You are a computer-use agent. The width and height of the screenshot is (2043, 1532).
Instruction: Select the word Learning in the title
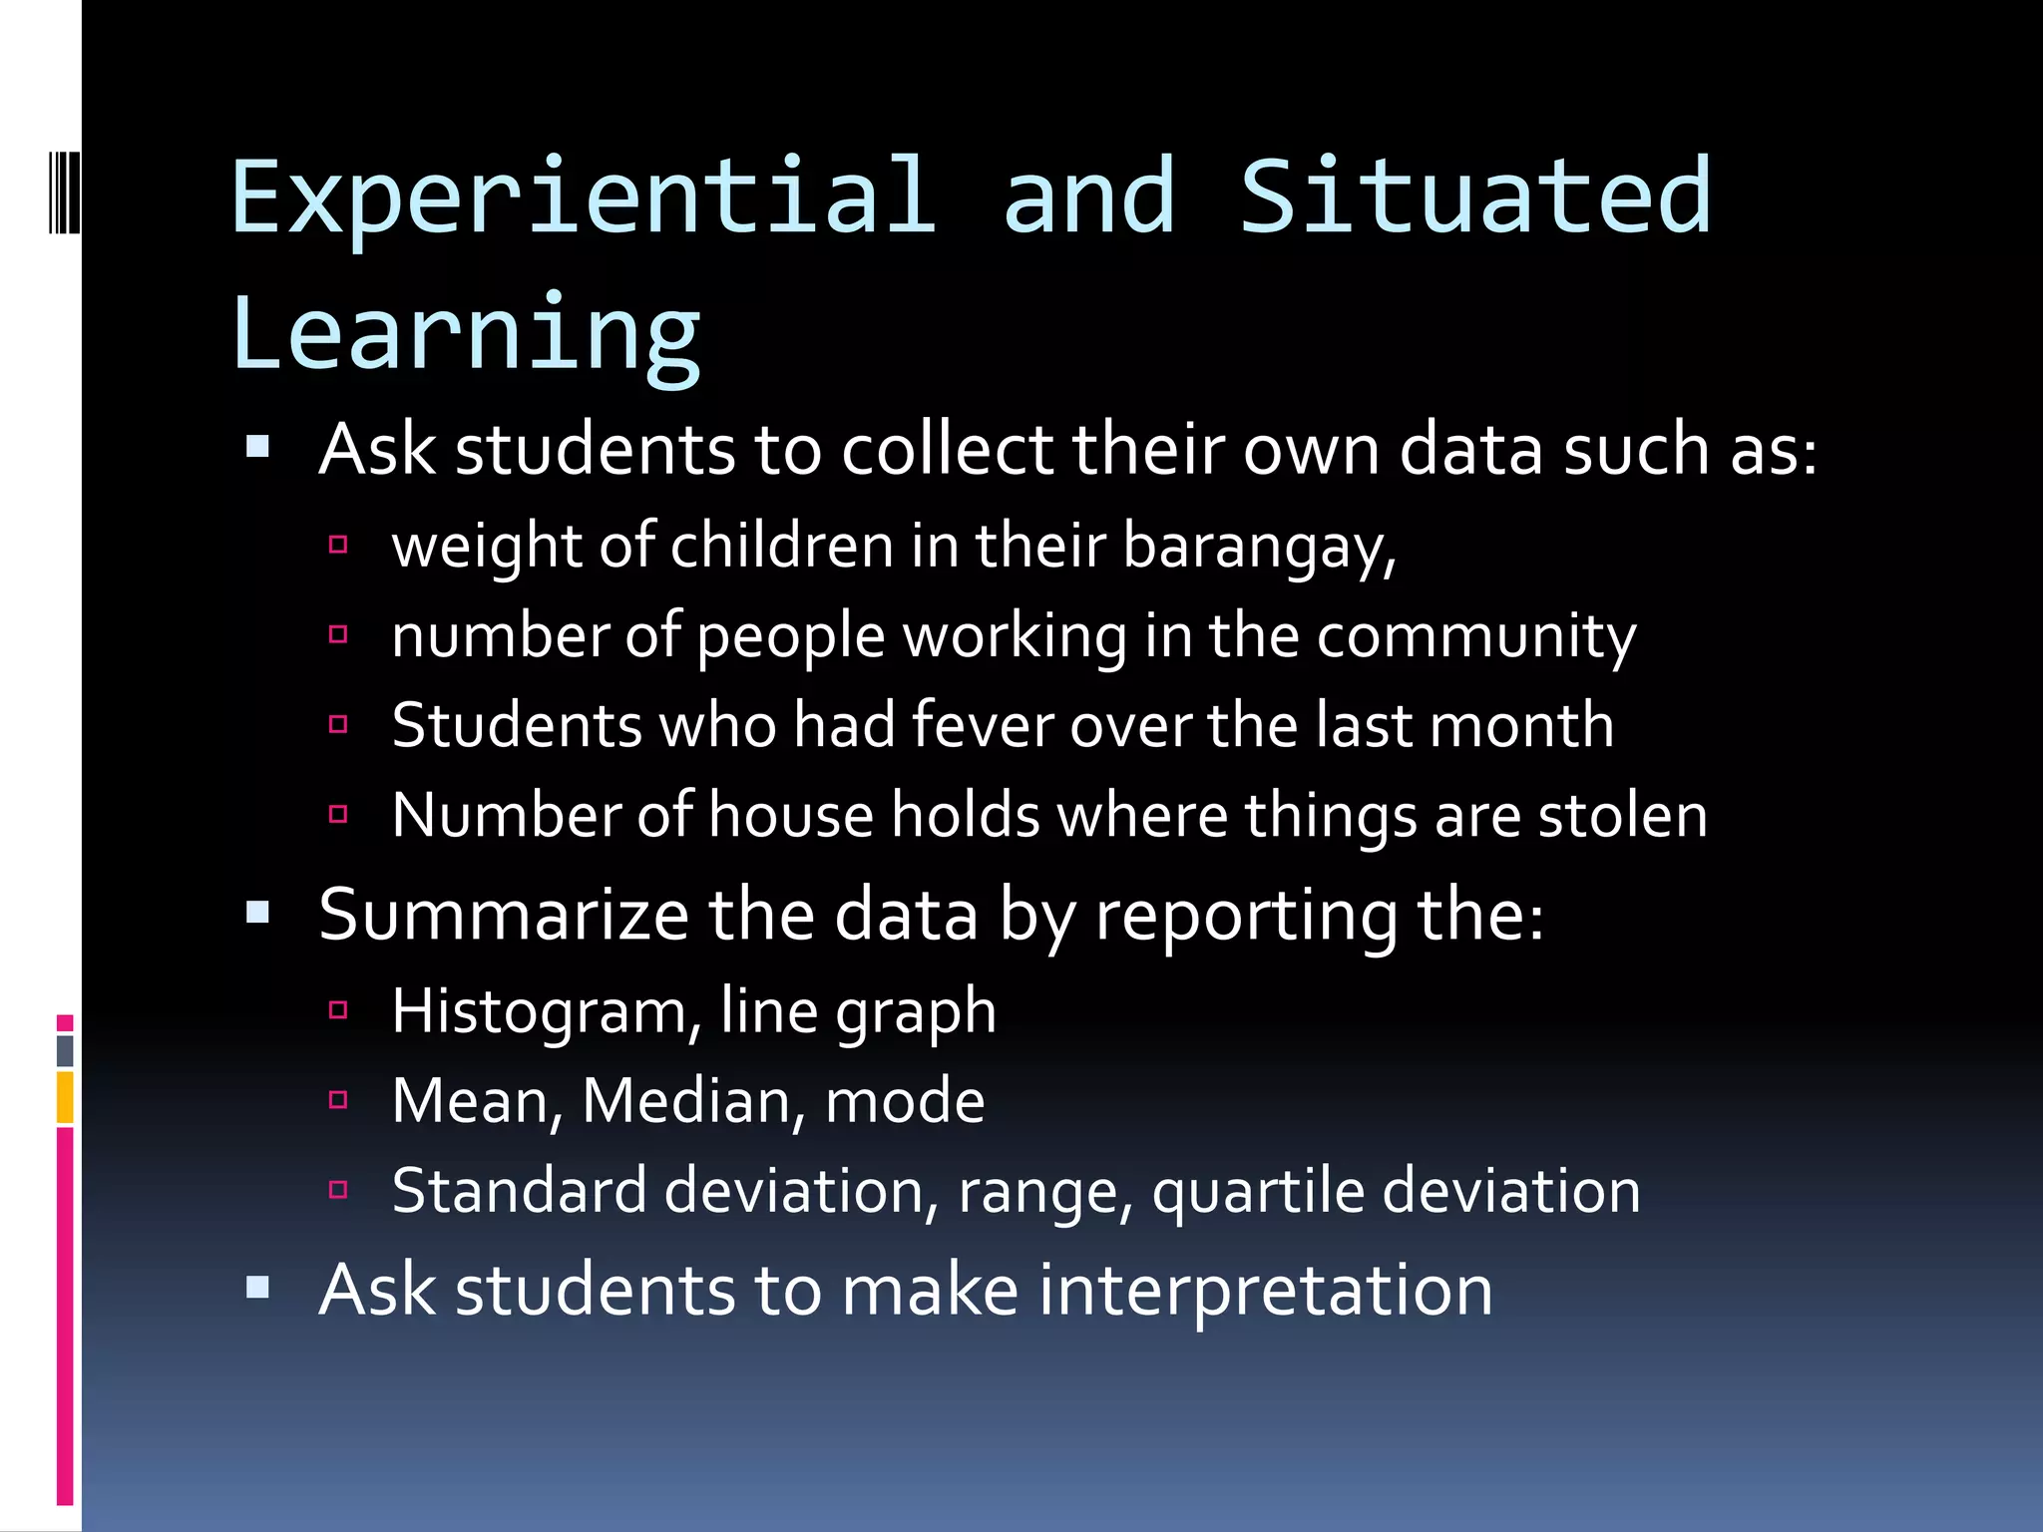(x=466, y=334)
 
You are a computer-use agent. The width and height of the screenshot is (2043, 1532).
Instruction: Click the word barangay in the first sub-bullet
(x=1259, y=548)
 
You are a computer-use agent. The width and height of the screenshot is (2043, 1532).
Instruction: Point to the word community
(x=1475, y=637)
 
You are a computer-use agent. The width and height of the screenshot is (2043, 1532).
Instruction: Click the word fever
(x=982, y=725)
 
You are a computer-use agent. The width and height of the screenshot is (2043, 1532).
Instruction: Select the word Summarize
(x=504, y=915)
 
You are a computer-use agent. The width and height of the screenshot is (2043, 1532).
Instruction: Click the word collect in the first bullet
(x=947, y=450)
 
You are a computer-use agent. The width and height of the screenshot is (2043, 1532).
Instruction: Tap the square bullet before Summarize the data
(x=258, y=912)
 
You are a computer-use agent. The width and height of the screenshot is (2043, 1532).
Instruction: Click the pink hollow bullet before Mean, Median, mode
(x=338, y=1100)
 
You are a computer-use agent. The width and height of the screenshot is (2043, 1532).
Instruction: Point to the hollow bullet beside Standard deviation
(x=338, y=1189)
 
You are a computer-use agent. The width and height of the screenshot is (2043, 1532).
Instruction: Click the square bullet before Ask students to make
(x=258, y=1288)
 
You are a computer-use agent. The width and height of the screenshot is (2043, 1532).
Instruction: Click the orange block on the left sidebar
(x=65, y=1097)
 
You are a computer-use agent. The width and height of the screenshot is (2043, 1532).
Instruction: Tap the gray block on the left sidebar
(x=65, y=1051)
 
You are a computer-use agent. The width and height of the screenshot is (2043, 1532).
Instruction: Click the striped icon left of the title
(x=63, y=191)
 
